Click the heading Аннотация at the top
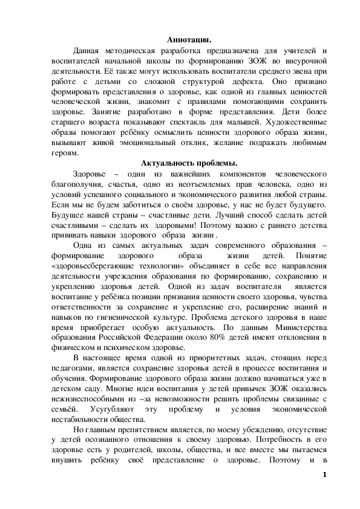click(189, 40)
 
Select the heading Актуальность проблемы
click(189, 163)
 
